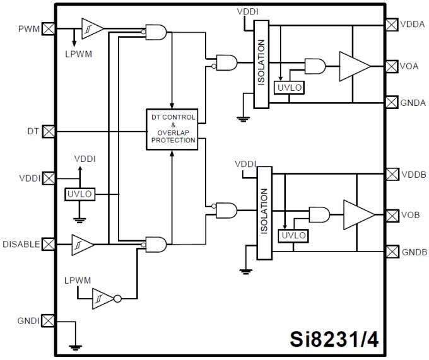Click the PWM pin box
pyautogui.click(x=48, y=28)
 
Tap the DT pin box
pyautogui.click(x=48, y=131)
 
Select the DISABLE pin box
pyautogui.click(x=48, y=243)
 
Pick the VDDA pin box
pyautogui.click(x=391, y=24)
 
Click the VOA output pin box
pyautogui.click(x=391, y=65)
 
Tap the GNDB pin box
pyautogui.click(x=391, y=252)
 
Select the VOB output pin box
pyautogui.click(x=391, y=214)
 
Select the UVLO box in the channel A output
pyautogui.click(x=289, y=88)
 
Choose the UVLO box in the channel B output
pyautogui.click(x=293, y=235)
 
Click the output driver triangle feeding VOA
pyautogui.click(x=353, y=66)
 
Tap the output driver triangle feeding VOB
pyautogui.click(x=357, y=214)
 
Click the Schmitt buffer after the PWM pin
pyautogui.click(x=91, y=28)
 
